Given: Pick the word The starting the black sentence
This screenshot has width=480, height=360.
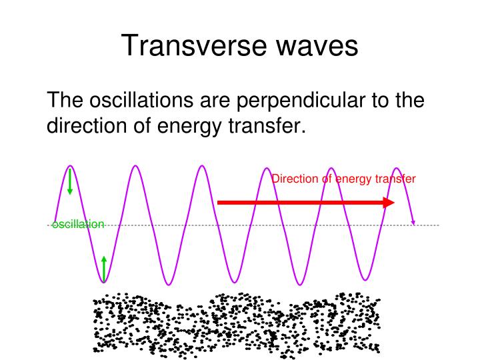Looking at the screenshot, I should (65, 101).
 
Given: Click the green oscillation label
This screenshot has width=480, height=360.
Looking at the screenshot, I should (78, 225).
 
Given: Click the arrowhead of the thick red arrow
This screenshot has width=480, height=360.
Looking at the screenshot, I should (389, 202).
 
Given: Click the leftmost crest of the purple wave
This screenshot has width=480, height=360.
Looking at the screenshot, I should (70, 166).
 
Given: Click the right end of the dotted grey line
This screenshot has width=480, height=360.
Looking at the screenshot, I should (438, 225).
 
